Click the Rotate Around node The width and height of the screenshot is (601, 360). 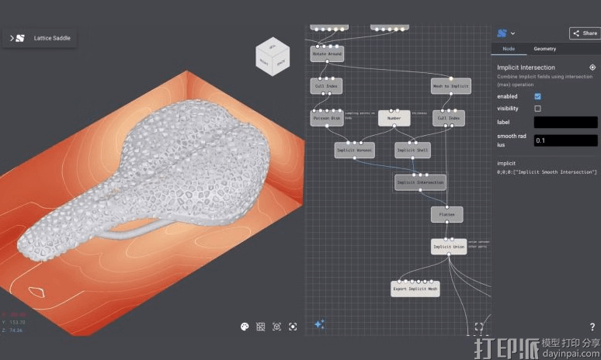pyautogui.click(x=327, y=54)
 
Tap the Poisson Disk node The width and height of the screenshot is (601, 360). pyautogui.click(x=327, y=118)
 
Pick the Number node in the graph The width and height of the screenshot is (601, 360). pyautogui.click(x=394, y=118)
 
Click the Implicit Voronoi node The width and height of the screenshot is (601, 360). pyautogui.click(x=354, y=150)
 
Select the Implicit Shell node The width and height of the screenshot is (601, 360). pyautogui.click(x=412, y=150)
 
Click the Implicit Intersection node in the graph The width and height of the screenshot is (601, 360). pyautogui.click(x=420, y=182)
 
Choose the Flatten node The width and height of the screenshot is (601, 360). pyautogui.click(x=446, y=214)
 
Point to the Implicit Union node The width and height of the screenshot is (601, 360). pyautogui.click(x=449, y=247)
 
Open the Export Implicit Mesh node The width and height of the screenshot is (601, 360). pyautogui.click(x=415, y=289)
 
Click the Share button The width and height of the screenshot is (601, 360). pyautogui.click(x=585, y=33)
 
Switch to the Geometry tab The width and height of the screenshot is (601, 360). pyautogui.click(x=544, y=49)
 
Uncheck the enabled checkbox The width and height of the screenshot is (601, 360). pyautogui.click(x=537, y=95)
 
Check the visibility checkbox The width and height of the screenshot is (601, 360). pyautogui.click(x=537, y=109)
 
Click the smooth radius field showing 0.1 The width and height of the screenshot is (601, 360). pyautogui.click(x=565, y=140)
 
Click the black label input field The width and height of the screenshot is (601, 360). pyautogui.click(x=565, y=122)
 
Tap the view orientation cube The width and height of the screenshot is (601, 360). pyautogui.click(x=273, y=57)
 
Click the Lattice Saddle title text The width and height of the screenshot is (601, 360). pyautogui.click(x=52, y=38)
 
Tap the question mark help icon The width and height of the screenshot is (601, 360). pyautogui.click(x=592, y=327)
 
